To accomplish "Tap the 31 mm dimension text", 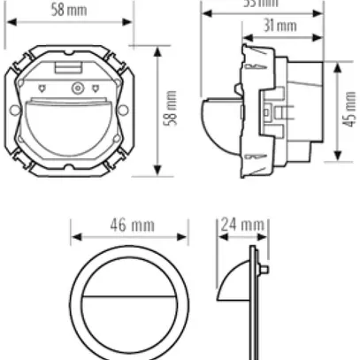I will click(x=284, y=27).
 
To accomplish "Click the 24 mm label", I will click(x=241, y=225).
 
